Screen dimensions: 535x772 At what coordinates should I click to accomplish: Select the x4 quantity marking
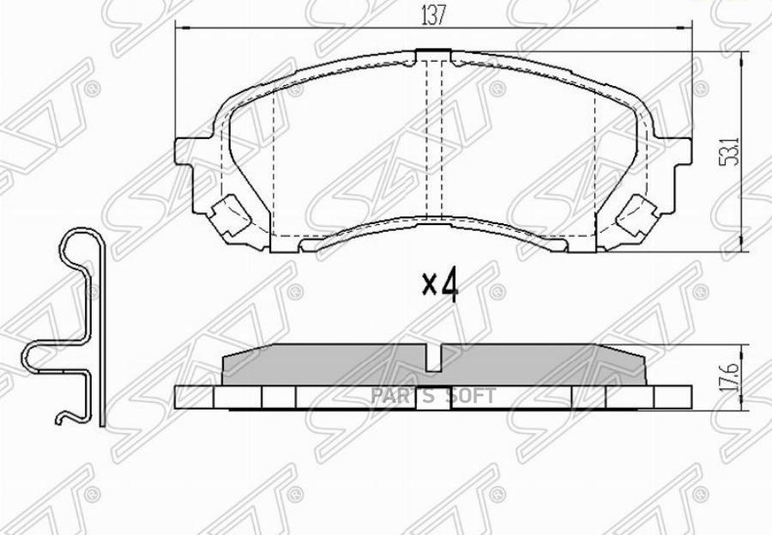pos(441,284)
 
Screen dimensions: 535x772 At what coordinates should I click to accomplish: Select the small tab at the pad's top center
pos(433,56)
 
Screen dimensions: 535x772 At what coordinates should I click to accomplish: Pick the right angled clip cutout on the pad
pos(636,210)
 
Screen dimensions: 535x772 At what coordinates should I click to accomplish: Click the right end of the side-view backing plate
pos(685,396)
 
